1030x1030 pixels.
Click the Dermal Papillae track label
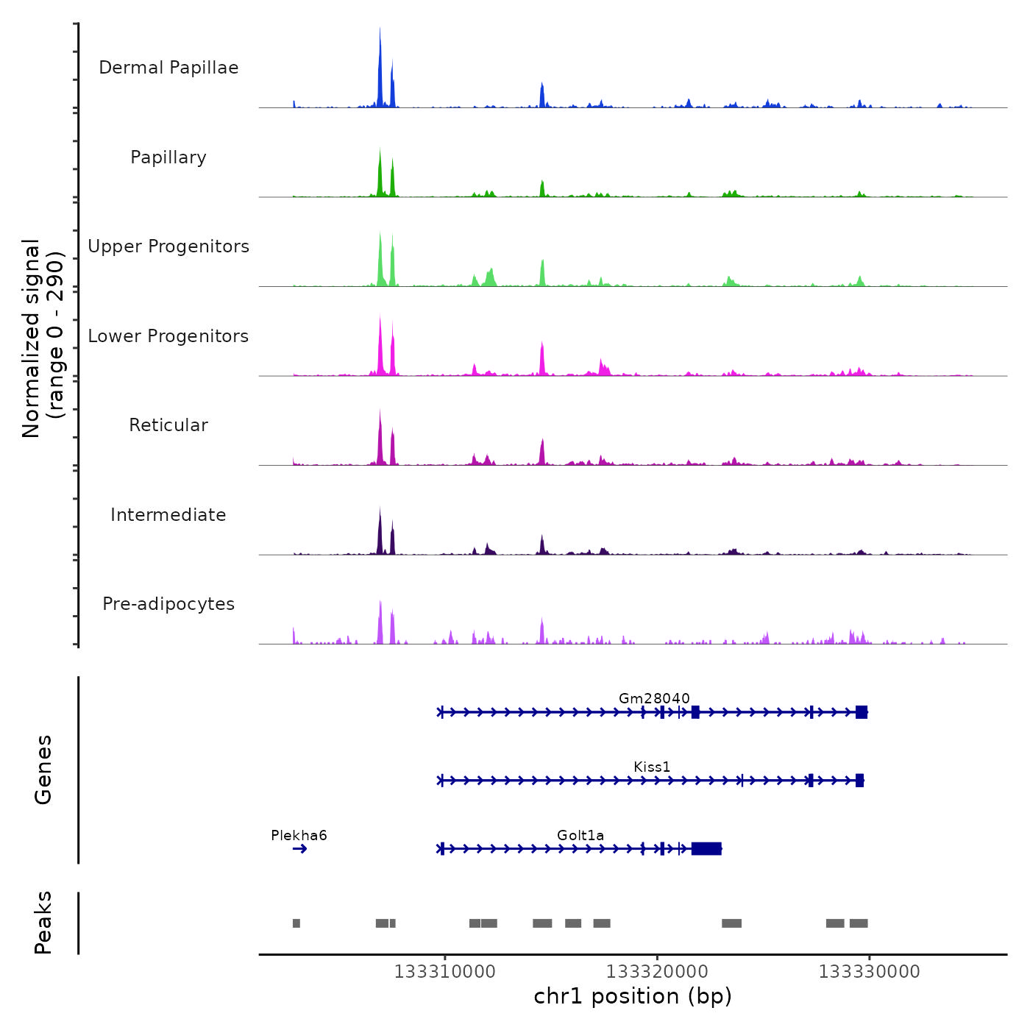pos(168,68)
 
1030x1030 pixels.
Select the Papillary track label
pos(168,157)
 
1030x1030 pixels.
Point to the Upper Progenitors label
pos(168,246)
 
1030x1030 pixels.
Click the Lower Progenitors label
pos(168,336)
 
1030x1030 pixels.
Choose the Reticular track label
pos(168,425)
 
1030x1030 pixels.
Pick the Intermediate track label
pos(168,515)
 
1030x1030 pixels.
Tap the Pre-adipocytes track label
pos(168,604)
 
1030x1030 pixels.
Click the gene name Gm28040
pos(654,698)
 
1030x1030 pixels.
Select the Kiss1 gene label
pos(652,767)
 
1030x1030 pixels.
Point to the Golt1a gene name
pos(580,835)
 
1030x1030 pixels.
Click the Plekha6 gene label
pos(299,835)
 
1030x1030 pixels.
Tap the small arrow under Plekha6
pos(299,849)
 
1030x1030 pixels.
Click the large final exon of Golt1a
pos(706,849)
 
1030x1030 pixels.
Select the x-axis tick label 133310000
pos(444,972)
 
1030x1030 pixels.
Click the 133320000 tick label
pos(657,972)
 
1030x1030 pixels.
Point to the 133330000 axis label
pos(869,972)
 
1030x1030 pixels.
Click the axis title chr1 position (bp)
pos(633,996)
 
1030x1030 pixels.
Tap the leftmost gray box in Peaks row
pos(296,923)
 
